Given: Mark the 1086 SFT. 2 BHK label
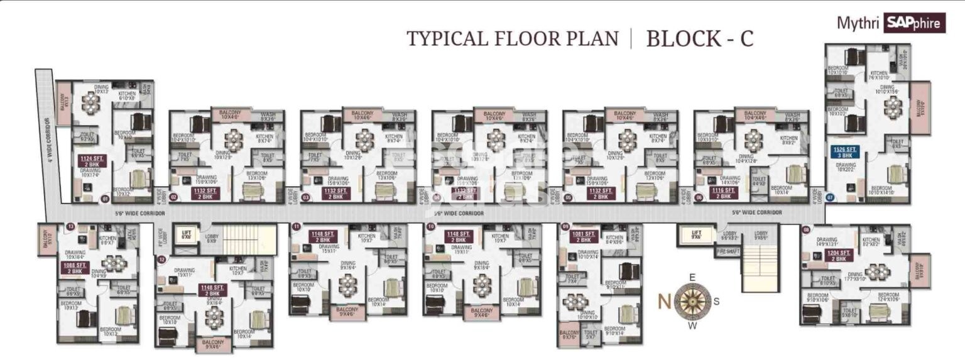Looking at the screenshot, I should pos(72,268).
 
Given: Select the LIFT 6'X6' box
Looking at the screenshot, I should pos(185,234).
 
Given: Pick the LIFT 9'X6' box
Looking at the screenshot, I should pos(696,234).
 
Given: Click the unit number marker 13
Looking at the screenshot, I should pos(71,226).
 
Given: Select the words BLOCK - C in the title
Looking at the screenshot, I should pos(699,39).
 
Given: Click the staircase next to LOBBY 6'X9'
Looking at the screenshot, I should pos(249,239).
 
